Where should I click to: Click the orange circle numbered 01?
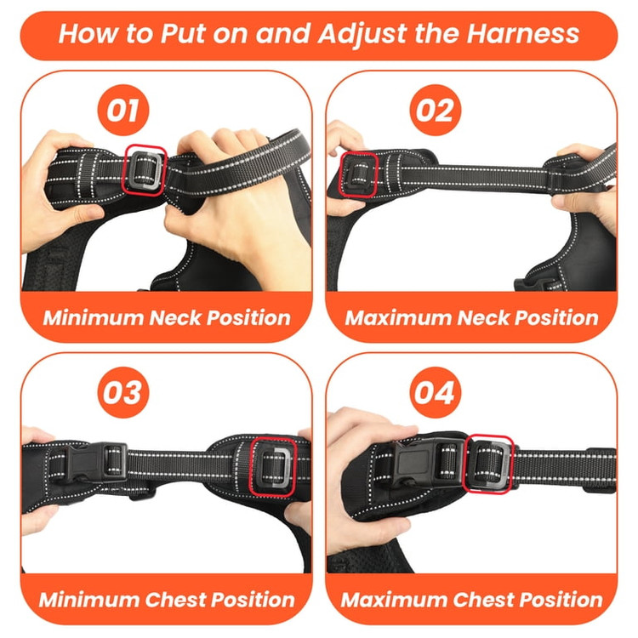[123, 110]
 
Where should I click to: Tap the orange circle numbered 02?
[435, 110]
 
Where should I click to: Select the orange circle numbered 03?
[123, 392]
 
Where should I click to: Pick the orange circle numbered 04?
[435, 392]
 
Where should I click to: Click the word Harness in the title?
[523, 33]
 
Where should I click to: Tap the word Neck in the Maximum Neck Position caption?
[482, 318]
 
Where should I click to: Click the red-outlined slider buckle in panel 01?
[145, 170]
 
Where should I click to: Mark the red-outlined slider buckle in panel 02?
[358, 176]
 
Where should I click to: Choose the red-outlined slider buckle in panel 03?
[272, 467]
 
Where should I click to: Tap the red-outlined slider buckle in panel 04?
[488, 464]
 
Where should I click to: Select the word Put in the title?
[182, 33]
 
